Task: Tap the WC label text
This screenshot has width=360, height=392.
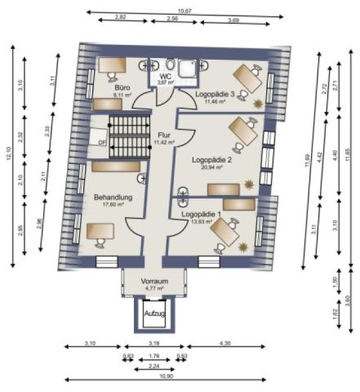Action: point(165,76)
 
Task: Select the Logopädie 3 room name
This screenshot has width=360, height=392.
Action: point(215,94)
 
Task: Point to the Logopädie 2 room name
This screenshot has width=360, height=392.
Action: point(212,160)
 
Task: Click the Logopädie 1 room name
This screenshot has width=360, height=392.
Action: point(201,214)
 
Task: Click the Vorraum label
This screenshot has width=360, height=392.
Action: point(153,280)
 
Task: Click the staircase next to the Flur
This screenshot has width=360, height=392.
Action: point(127,136)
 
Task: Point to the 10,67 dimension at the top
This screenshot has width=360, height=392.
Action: point(184,11)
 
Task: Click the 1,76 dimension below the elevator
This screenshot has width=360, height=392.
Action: point(154,356)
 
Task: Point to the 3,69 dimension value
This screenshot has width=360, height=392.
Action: point(233,18)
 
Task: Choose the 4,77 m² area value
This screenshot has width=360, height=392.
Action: point(153,287)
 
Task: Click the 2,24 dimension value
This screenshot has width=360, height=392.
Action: point(154,367)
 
